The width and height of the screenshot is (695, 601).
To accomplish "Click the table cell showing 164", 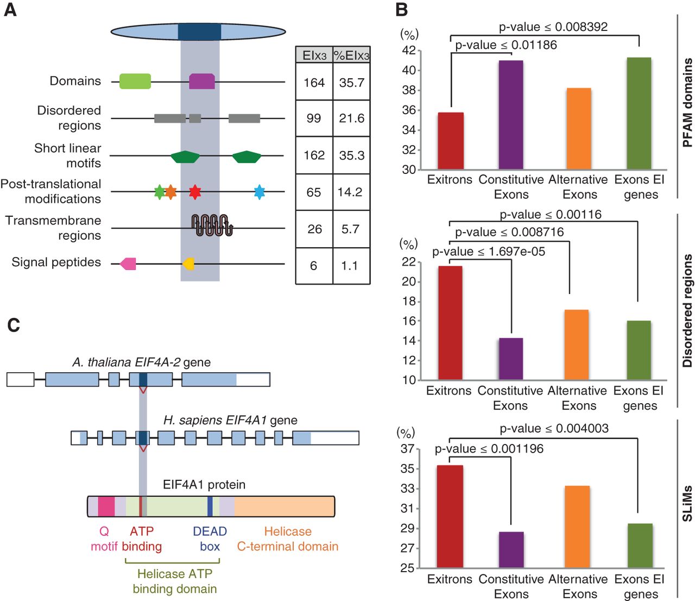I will pyautogui.click(x=314, y=83).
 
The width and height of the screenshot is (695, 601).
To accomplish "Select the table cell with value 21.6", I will pyautogui.click(x=351, y=118).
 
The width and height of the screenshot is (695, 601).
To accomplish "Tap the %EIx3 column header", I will pyautogui.click(x=351, y=55).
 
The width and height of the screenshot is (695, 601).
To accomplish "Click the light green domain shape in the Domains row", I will pyautogui.click(x=135, y=82).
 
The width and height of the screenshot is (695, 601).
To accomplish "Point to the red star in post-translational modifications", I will pyautogui.click(x=195, y=192).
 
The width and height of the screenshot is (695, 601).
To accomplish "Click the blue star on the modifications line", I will pyautogui.click(x=260, y=192).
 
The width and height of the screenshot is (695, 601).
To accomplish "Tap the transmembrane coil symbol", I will pyautogui.click(x=212, y=226).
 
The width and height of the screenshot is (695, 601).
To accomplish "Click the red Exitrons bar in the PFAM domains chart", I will pyautogui.click(x=451, y=141).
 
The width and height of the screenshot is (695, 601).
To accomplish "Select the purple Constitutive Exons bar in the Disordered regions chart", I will pyautogui.click(x=511, y=359).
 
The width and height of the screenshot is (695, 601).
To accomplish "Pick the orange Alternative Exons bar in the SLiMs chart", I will pyautogui.click(x=577, y=527).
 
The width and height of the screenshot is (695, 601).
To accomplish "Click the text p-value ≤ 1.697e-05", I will pyautogui.click(x=489, y=252).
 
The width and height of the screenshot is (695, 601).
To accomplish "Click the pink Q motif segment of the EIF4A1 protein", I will pyautogui.click(x=106, y=506).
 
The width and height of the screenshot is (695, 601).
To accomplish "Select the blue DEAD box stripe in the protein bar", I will pyautogui.click(x=210, y=506).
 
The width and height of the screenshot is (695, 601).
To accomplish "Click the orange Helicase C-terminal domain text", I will pyautogui.click(x=288, y=539).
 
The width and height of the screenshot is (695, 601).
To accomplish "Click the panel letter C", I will pyautogui.click(x=13, y=325).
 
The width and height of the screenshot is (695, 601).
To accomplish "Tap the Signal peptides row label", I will pyautogui.click(x=56, y=262).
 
